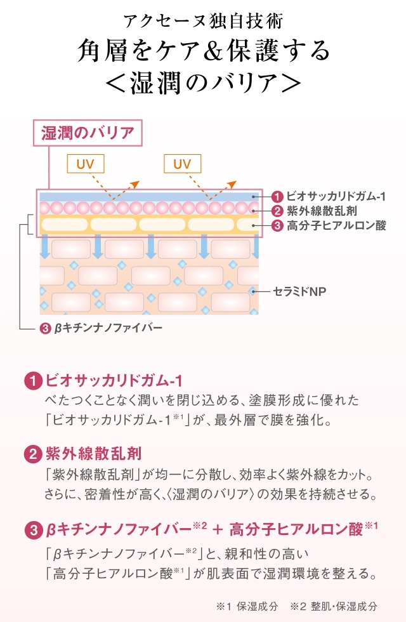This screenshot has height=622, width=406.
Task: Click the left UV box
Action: pyautogui.click(x=85, y=164)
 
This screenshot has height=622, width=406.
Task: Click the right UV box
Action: pyautogui.click(x=181, y=164)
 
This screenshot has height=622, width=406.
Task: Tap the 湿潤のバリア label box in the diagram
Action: pyautogui.click(x=88, y=133)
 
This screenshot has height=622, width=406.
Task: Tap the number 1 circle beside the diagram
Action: pyautogui.click(x=277, y=197)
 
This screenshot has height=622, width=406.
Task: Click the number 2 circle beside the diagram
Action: pyautogui.click(x=277, y=211)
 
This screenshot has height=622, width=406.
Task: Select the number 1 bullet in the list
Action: pyautogui.click(x=33, y=381)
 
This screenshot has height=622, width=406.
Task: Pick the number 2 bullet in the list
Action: pyautogui.click(x=33, y=455)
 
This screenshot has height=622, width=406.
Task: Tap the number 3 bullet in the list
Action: pyautogui.click(x=33, y=529)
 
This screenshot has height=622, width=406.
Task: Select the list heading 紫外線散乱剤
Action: pyautogui.click(x=93, y=455)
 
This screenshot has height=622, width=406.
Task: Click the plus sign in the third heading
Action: pyautogui.click(x=216, y=529)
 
